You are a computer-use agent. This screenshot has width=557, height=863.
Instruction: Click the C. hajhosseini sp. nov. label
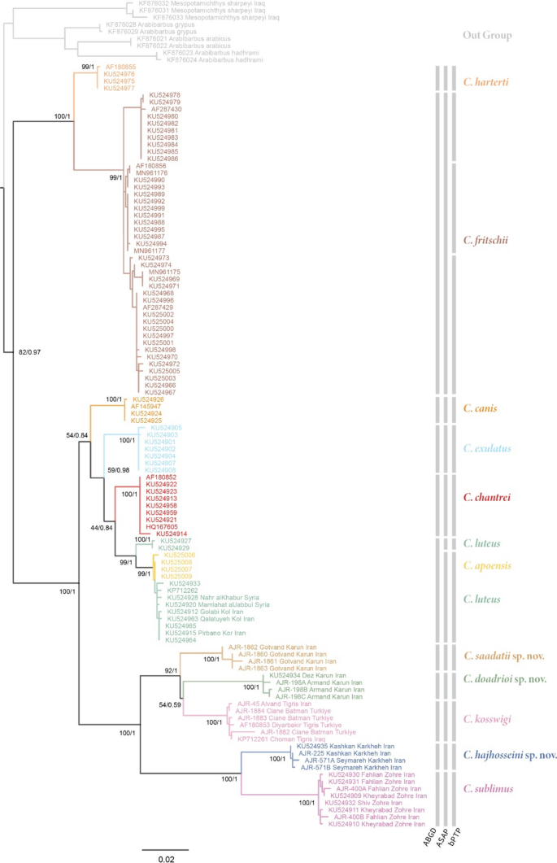pyautogui.click(x=509, y=756)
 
